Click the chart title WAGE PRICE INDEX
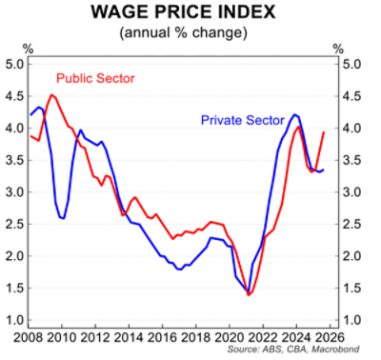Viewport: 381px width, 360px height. pyautogui.click(x=190, y=14)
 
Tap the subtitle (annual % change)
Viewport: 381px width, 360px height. pyautogui.click(x=190, y=33)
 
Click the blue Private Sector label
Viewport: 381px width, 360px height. pyautogui.click(x=244, y=121)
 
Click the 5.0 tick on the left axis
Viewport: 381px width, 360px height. pyautogui.click(x=15, y=64)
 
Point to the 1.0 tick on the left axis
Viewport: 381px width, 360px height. pyautogui.click(x=15, y=320)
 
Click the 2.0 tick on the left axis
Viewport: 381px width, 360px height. pyautogui.click(x=15, y=256)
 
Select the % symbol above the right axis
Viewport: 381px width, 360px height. pyautogui.click(x=336, y=48)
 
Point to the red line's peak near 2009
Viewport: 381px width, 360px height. pyautogui.click(x=51, y=95)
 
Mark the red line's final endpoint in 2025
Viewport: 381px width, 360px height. pyautogui.click(x=325, y=132)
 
